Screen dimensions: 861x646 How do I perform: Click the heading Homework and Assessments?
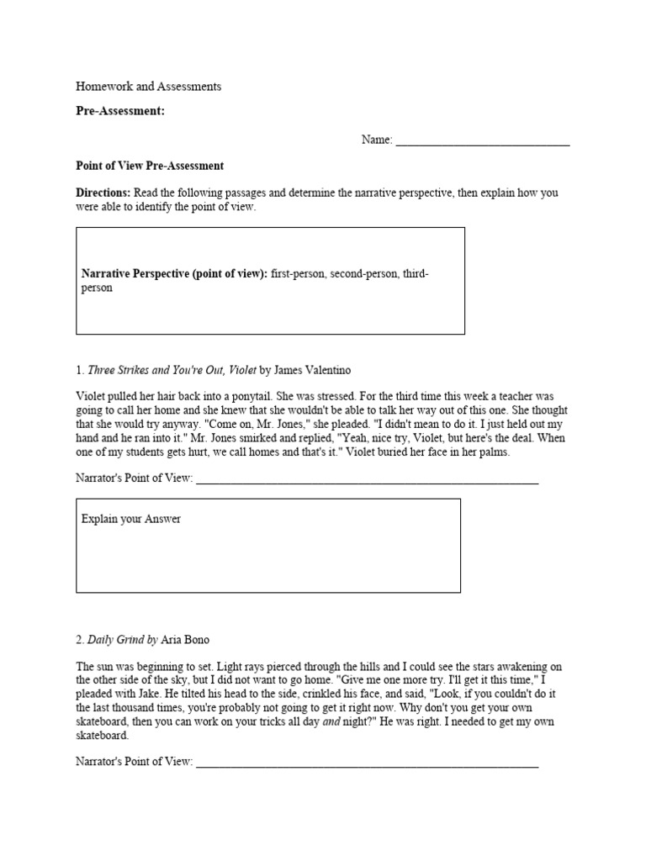tap(149, 87)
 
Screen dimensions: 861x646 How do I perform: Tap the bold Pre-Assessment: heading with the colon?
tap(120, 111)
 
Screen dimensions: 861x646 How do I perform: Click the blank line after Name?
tap(482, 140)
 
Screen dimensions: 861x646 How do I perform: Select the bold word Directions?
tap(103, 193)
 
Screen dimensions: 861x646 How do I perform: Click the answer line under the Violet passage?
tap(366, 480)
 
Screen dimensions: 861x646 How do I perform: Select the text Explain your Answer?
tap(131, 519)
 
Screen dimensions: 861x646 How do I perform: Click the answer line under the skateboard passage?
tap(366, 763)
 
